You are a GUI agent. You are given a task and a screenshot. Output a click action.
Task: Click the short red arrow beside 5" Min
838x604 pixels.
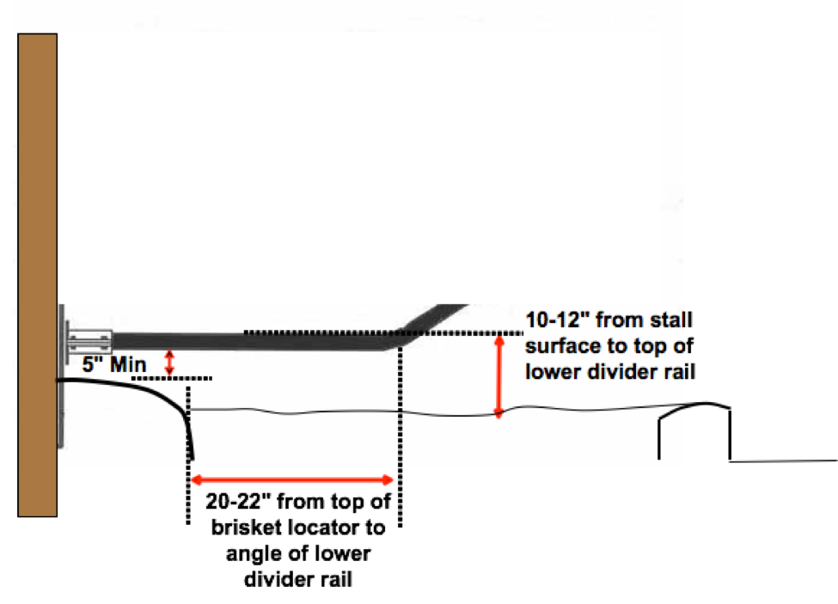pos(169,361)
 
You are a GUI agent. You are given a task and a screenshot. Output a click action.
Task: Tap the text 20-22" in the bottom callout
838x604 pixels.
pos(237,500)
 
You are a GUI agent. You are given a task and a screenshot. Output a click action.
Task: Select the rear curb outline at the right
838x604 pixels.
pos(694,425)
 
